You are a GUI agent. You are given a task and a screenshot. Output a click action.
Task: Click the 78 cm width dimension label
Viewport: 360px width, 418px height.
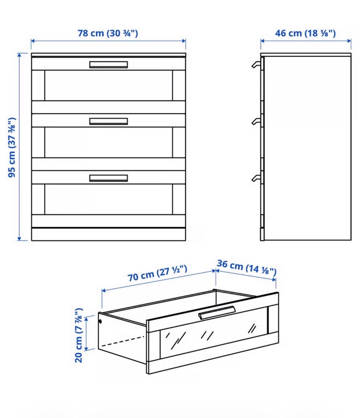(x=108, y=33)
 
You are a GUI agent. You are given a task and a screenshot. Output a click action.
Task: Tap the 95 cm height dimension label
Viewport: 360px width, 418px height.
(x=12, y=147)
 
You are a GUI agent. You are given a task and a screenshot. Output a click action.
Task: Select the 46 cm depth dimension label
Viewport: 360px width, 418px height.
(x=305, y=33)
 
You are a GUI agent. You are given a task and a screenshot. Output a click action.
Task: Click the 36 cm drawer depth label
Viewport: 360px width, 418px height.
(x=246, y=268)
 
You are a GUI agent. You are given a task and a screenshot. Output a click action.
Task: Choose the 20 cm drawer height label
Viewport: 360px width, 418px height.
(x=79, y=335)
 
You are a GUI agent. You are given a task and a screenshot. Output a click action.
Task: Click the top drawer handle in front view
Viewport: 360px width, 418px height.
(x=108, y=65)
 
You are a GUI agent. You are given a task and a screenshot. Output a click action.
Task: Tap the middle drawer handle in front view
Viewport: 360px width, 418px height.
(x=108, y=122)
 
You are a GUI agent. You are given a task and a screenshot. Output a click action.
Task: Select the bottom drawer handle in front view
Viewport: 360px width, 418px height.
(x=108, y=178)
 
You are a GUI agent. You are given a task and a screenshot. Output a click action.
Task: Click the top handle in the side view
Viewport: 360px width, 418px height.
(x=256, y=64)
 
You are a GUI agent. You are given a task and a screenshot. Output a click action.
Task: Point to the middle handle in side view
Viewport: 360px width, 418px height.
(x=256, y=121)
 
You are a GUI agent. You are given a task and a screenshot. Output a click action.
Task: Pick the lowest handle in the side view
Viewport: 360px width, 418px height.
(x=256, y=178)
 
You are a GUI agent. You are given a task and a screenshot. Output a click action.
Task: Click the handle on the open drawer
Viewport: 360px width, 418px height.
(x=217, y=312)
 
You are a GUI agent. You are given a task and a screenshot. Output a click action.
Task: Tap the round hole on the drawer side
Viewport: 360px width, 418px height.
(x=100, y=321)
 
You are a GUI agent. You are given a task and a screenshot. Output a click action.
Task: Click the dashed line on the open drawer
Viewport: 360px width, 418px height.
(x=123, y=341)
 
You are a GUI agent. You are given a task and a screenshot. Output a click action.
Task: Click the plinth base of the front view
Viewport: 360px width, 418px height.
(x=108, y=234)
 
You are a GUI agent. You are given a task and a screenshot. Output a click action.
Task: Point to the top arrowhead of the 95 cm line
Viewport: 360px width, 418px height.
(x=19, y=55)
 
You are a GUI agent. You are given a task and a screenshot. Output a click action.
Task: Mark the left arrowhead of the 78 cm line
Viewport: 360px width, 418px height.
(x=33, y=41)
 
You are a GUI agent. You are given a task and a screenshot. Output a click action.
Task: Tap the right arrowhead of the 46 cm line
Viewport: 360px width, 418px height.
(x=349, y=41)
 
